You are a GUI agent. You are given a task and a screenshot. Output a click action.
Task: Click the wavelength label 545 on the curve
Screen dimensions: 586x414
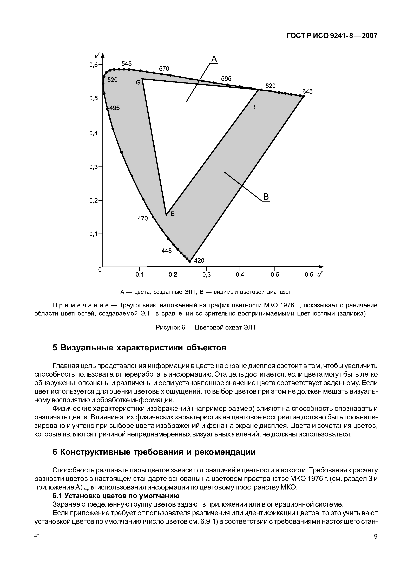pyautogui.click(x=127, y=63)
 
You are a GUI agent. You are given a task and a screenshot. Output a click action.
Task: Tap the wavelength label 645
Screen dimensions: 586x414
pyautogui.click(x=307, y=91)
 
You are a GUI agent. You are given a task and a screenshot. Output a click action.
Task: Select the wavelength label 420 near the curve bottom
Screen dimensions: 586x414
pyautogui.click(x=199, y=260)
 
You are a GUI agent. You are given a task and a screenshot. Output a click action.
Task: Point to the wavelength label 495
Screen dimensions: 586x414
pyautogui.click(x=114, y=108)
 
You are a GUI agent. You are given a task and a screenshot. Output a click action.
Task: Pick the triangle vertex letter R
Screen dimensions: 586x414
pyautogui.click(x=253, y=107)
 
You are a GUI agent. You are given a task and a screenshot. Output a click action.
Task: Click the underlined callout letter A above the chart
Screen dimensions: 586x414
pyautogui.click(x=214, y=60)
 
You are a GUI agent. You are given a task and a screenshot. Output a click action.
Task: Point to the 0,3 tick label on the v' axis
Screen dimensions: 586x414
pyautogui.click(x=94, y=167)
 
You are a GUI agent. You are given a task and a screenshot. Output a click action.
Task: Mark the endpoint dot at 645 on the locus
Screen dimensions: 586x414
pyautogui.click(x=304, y=96)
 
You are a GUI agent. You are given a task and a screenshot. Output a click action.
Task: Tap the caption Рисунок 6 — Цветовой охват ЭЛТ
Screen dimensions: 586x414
pyautogui.click(x=206, y=327)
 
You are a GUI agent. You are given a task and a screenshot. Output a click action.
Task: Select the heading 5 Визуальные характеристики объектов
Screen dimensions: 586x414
pyautogui.click(x=139, y=348)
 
